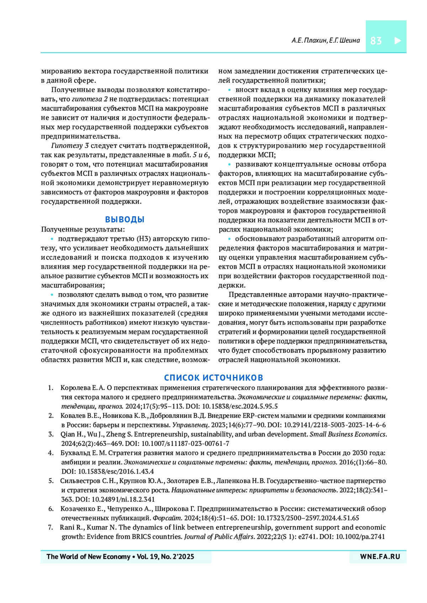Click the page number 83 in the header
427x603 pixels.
click(x=376, y=41)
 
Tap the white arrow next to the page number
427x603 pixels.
click(x=397, y=41)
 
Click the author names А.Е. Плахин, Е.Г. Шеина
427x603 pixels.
click(x=325, y=41)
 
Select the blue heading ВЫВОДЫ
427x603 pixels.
click(x=125, y=220)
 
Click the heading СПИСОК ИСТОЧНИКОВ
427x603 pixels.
click(x=213, y=377)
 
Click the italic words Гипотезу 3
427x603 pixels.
click(x=70, y=146)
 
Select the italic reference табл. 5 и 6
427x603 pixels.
click(x=190, y=155)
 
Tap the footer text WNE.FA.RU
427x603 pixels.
click(x=380, y=557)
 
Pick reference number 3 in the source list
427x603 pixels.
click(x=51, y=434)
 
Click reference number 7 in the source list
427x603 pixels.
click(x=51, y=527)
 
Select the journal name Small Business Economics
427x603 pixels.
click(x=347, y=434)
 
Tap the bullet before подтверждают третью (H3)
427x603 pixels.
click(x=52, y=239)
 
